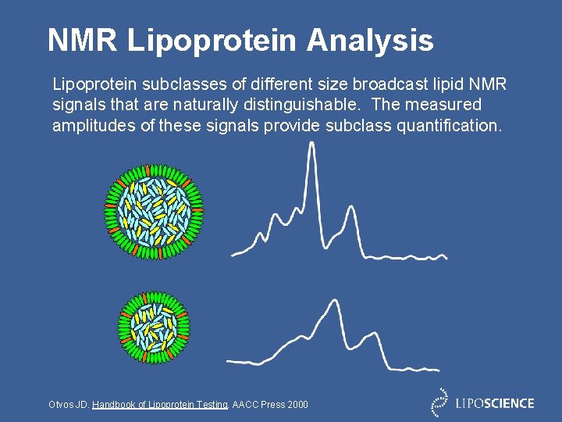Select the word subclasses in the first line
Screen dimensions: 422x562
pos(169,83)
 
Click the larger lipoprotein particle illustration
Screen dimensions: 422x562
pos(155,209)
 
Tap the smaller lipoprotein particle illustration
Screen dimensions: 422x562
pos(154,327)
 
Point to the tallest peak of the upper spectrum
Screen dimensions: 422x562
pos(311,145)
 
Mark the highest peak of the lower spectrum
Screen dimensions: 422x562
pos(333,302)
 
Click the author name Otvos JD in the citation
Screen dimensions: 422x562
pos(69,404)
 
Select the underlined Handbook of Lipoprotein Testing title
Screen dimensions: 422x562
pos(160,404)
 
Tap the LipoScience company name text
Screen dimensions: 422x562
pos(495,403)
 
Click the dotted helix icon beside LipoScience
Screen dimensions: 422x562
pos(441,402)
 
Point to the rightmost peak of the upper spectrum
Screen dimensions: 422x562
pos(351,208)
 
